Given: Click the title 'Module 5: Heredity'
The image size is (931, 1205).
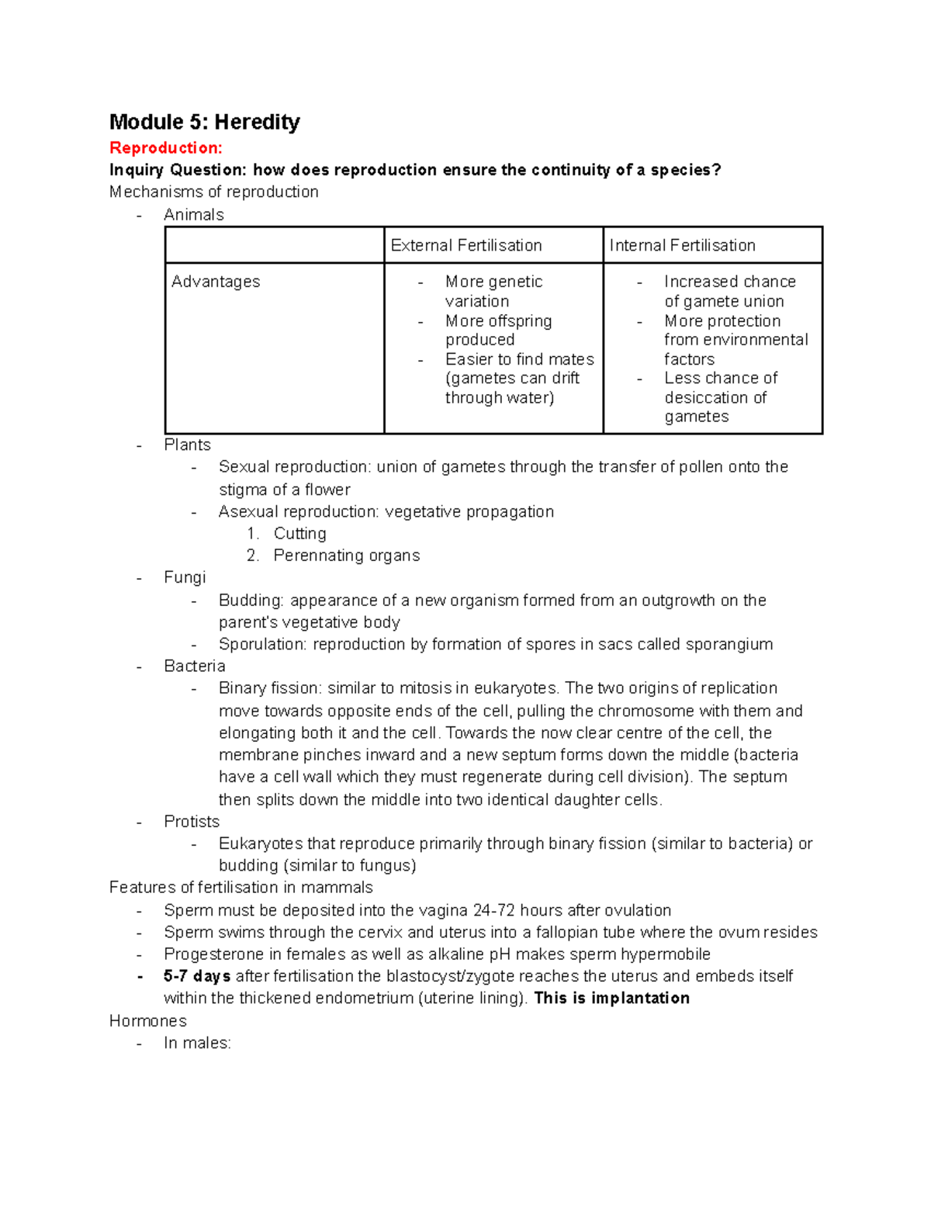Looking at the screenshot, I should coord(204,122).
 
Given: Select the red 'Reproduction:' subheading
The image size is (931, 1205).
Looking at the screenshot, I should coord(165,147).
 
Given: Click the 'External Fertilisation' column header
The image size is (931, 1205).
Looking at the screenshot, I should coord(466,245).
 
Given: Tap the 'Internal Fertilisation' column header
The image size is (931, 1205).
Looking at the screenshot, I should coord(682,245).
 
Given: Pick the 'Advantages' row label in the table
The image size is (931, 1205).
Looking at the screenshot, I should coord(216,282).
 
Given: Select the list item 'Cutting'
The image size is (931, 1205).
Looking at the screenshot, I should coord(299,533).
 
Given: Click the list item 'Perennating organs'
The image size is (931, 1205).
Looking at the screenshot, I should coord(346,556).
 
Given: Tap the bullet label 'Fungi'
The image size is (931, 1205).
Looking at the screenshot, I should coord(185,577).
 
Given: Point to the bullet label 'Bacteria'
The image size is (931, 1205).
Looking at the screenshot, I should coord(194,666).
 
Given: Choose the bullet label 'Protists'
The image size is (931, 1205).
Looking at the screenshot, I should coord(192,821).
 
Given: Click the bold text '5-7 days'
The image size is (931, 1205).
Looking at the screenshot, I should coord(197,975).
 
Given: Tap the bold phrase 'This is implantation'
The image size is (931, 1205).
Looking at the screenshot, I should coord(611,998).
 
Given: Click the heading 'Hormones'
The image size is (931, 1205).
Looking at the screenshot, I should coord(147,1020).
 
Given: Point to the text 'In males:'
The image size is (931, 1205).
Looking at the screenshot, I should coord(197,1043).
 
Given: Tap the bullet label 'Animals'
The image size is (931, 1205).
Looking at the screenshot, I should coord(193,215).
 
